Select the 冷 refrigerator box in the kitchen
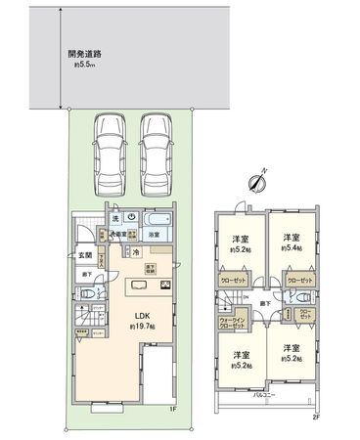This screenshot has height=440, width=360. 136,251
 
